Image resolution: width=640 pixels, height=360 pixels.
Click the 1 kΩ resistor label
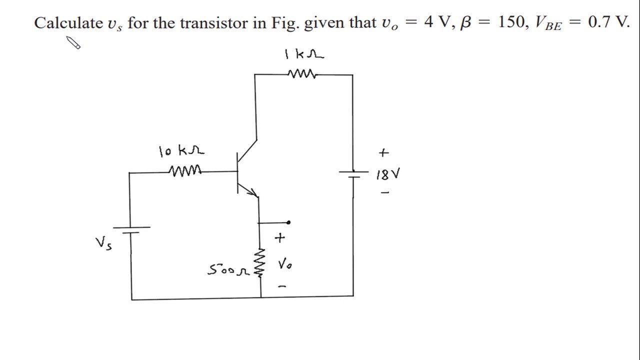(x=304, y=54)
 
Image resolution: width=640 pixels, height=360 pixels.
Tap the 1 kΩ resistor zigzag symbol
(x=302, y=74)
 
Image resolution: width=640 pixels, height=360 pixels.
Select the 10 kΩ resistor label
(x=181, y=150)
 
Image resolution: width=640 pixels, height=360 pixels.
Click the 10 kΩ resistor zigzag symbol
(x=185, y=171)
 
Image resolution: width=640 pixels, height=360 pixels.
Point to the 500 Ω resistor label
(x=228, y=270)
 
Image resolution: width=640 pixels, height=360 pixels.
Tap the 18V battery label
(x=388, y=174)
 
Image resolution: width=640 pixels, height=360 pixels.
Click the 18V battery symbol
(x=353, y=173)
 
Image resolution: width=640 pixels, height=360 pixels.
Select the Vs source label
(x=104, y=243)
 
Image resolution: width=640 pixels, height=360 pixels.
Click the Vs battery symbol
(x=131, y=229)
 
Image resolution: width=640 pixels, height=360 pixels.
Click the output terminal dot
(x=288, y=222)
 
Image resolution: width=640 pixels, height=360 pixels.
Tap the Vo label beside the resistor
(x=285, y=264)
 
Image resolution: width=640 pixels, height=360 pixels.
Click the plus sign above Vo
(x=279, y=238)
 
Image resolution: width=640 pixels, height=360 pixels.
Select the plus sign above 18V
(x=383, y=152)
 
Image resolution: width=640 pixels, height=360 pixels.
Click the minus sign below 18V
(x=384, y=192)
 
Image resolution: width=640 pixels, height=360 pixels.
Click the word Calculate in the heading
(x=68, y=23)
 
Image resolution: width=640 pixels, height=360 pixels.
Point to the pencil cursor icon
(x=73, y=43)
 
